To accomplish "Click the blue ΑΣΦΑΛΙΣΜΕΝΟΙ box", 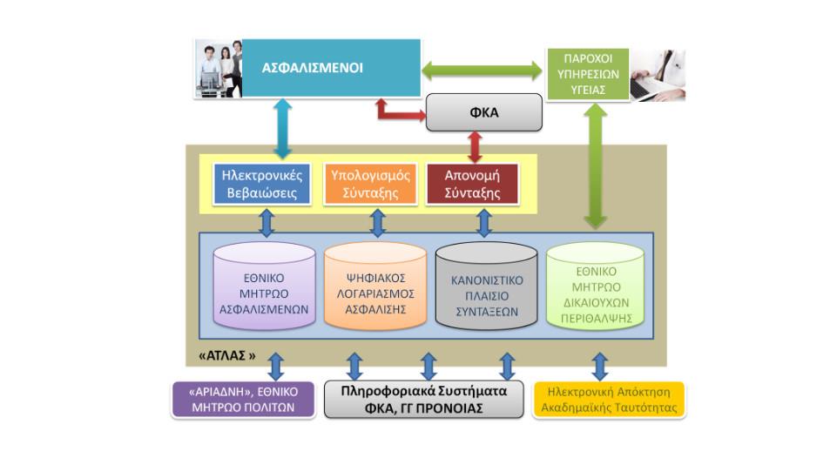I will (331, 68).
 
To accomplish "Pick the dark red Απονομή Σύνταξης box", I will (472, 184).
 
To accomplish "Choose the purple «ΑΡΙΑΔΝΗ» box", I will (242, 399).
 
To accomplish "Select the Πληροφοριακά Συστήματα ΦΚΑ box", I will (423, 399).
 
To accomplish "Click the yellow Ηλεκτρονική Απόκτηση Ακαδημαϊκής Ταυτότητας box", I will (608, 399).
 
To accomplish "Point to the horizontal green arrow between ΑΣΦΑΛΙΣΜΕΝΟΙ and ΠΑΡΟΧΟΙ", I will (482, 69).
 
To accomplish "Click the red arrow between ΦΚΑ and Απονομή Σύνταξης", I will (475, 145).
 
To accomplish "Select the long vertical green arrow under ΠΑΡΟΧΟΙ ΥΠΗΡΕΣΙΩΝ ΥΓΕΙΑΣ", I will (596, 165).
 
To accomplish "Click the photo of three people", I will (218, 68).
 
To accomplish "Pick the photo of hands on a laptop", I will (658, 75).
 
